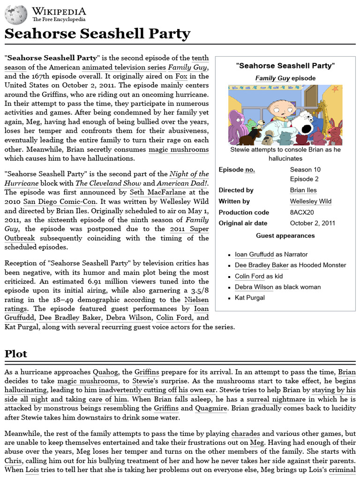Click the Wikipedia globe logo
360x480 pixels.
16,15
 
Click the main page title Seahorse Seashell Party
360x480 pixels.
97,34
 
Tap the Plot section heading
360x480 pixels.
16,354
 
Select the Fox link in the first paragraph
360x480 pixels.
181,76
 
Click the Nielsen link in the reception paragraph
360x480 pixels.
196,300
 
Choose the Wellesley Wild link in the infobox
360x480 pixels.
310,201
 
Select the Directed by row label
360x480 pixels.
236,190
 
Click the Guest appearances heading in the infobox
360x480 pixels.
285,236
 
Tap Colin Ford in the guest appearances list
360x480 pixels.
249,276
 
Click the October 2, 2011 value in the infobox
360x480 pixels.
312,223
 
